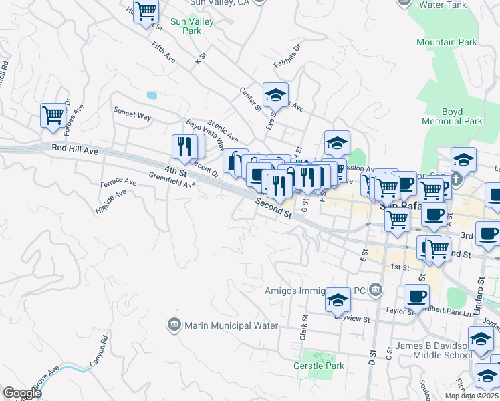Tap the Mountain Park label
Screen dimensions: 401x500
[447, 42]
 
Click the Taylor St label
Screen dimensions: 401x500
[402, 311]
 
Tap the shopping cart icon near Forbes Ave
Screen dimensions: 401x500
[53, 114]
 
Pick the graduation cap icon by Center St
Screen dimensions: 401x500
[275, 95]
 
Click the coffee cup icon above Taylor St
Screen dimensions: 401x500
[417, 296]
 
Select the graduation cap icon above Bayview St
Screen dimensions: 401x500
[338, 299]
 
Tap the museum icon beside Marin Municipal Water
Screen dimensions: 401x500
[174, 325]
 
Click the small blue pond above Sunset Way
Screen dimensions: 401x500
[152, 96]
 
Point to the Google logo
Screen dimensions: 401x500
[22, 392]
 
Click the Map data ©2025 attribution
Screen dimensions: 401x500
[471, 395]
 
